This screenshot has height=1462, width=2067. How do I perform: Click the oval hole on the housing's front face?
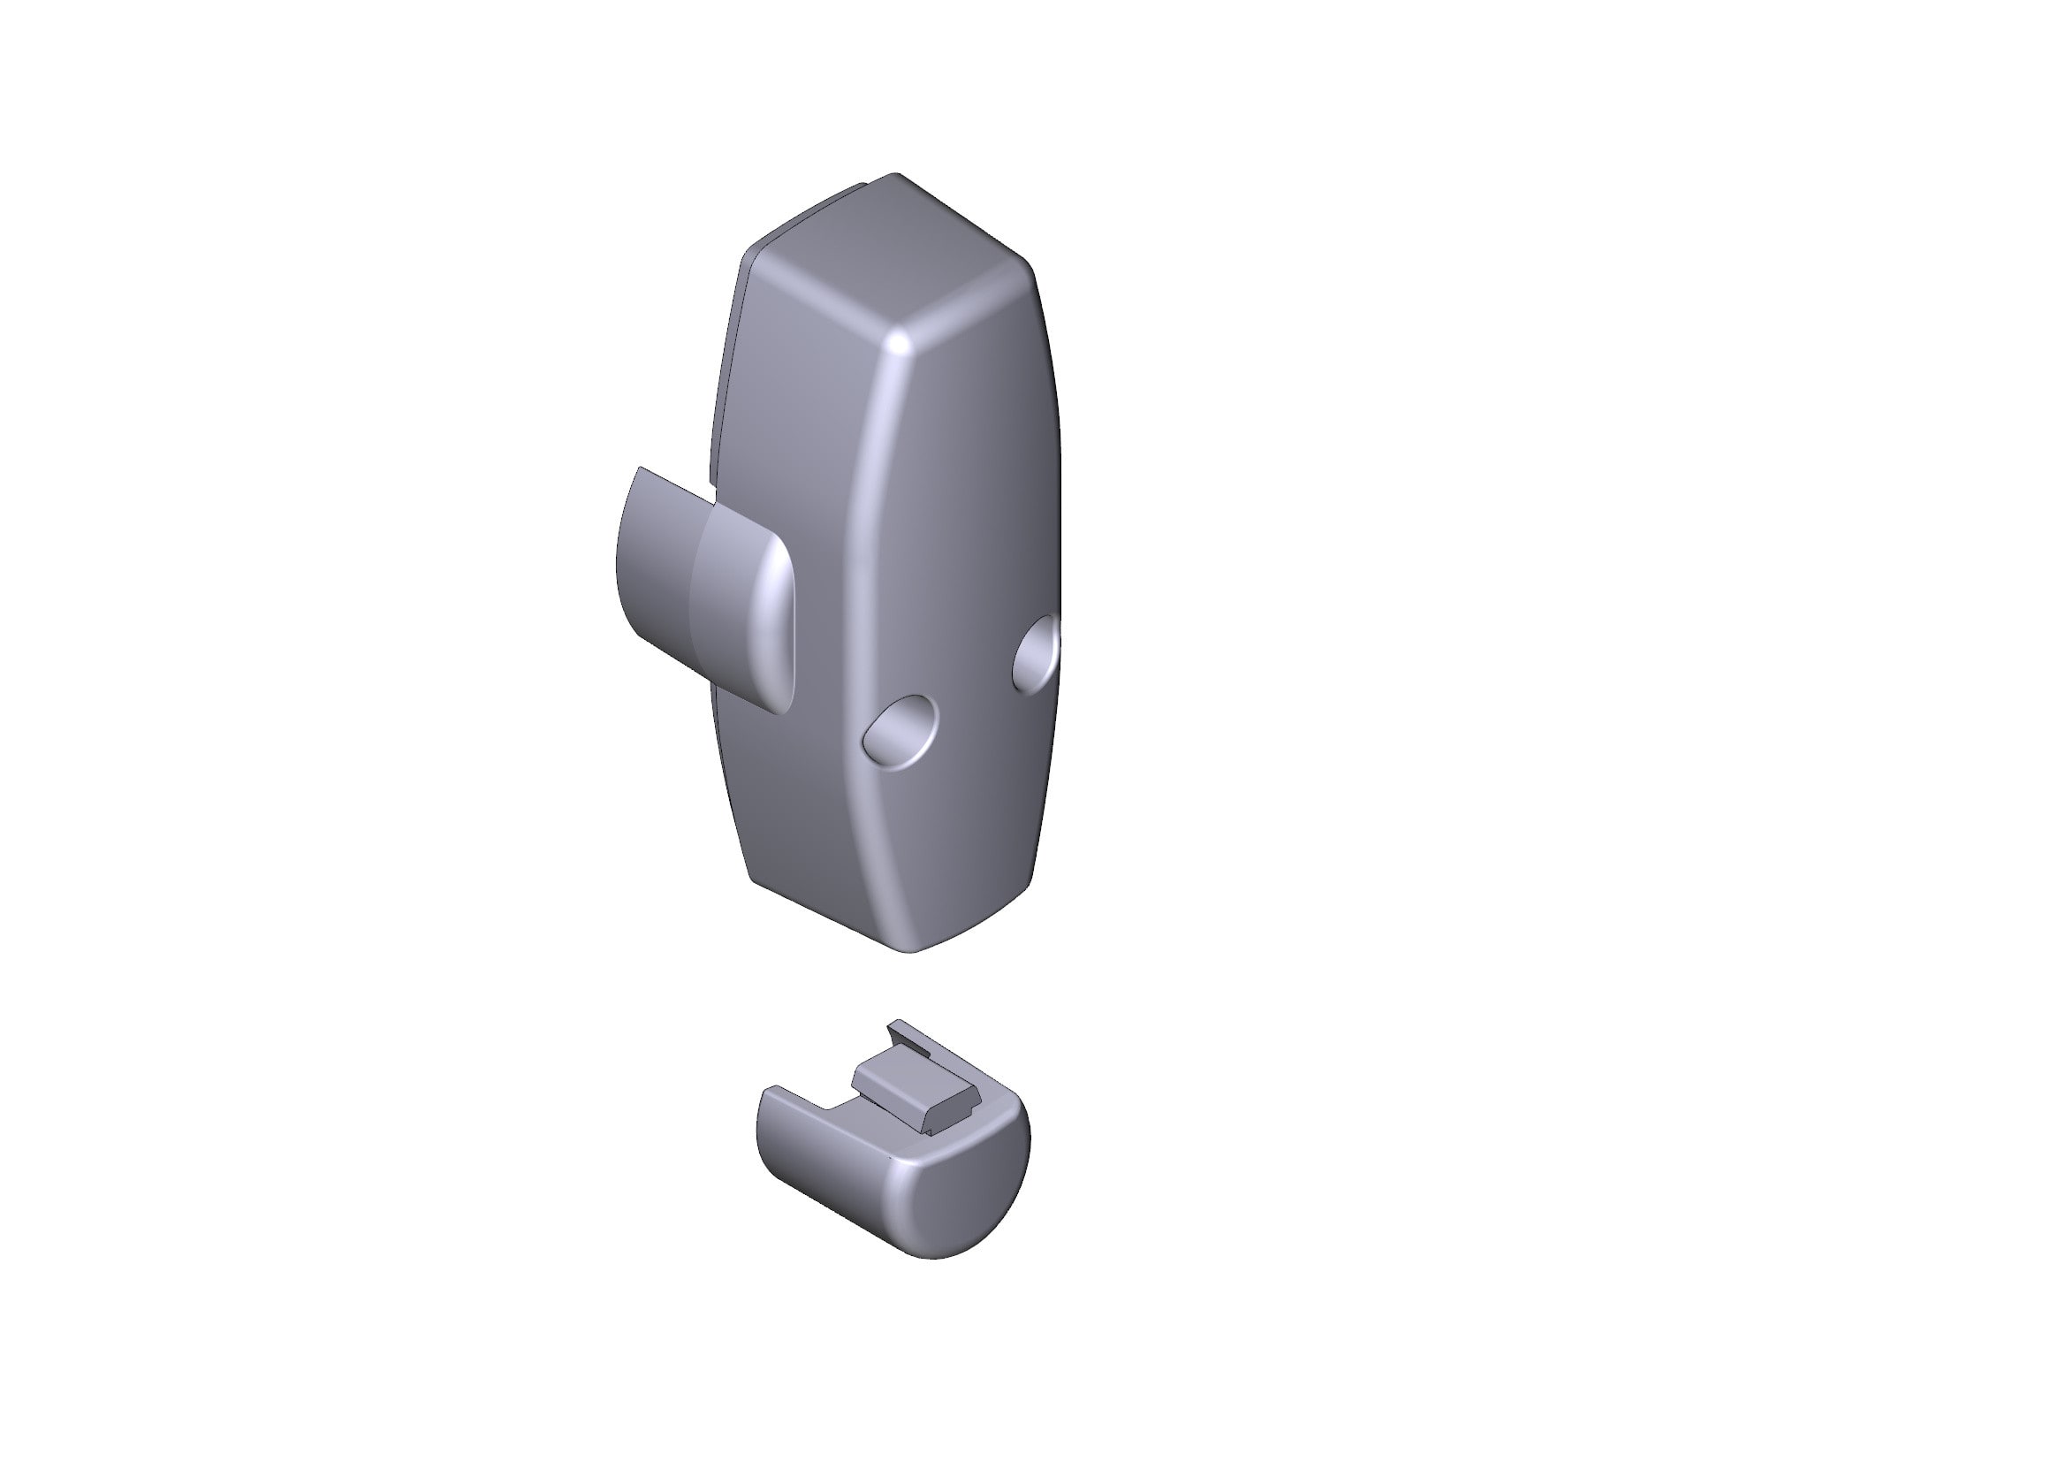900,731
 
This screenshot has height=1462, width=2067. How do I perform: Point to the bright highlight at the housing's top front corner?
899,343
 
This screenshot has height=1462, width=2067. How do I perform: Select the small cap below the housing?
892,1161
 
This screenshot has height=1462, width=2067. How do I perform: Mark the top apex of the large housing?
894,175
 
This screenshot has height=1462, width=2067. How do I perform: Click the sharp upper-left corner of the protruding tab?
640,469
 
